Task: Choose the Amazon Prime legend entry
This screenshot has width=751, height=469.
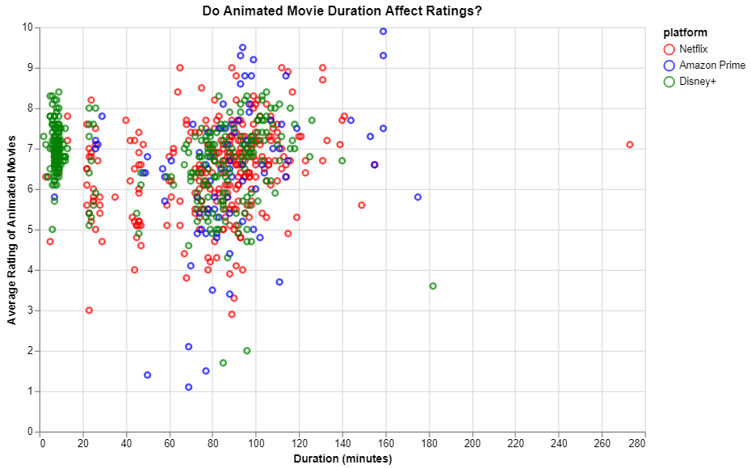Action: tap(711, 65)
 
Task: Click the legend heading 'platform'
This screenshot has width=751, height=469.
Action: tap(685, 33)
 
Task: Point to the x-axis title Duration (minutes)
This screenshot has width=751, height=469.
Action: tap(342, 459)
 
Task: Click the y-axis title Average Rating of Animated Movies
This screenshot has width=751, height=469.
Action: tap(11, 230)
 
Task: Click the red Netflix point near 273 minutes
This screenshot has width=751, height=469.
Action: tap(630, 145)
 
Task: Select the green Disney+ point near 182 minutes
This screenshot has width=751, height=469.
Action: tap(433, 286)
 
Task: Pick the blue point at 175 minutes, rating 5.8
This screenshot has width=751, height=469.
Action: tap(418, 197)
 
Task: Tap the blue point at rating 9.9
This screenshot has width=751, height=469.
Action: tap(384, 32)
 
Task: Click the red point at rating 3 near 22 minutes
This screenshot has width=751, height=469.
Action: tap(89, 311)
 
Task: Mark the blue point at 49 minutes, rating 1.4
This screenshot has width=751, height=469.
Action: tap(148, 375)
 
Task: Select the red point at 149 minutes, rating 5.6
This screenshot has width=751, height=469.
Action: tap(362, 205)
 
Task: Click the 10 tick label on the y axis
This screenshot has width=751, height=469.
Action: tap(27, 27)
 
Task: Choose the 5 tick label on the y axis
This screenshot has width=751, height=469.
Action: tap(30, 230)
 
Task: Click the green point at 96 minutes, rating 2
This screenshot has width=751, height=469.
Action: tap(247, 351)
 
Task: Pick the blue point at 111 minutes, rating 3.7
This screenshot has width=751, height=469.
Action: tap(279, 282)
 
